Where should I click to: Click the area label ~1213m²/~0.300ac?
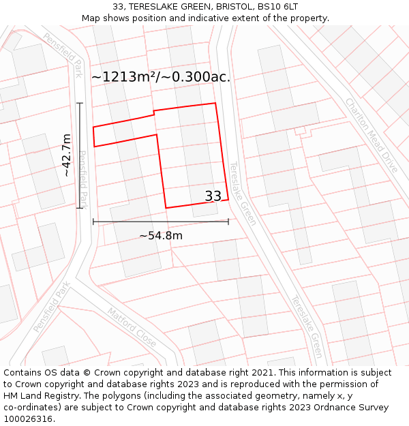coord(161,77)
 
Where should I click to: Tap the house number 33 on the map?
coord(213,196)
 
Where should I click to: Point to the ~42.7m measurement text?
coord(66,155)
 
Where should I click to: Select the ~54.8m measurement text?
coord(161,236)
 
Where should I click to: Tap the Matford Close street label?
coord(132,327)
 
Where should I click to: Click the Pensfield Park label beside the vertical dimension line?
coord(84,179)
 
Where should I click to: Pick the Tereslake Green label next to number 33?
coord(242,194)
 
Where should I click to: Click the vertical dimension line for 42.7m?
coord(80,155)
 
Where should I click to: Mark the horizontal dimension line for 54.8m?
coord(161,222)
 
